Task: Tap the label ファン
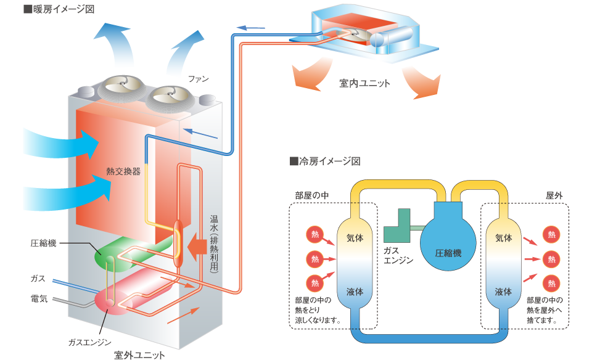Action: coord(199,79)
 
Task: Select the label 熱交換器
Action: coord(123,171)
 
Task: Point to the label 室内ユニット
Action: coord(364,83)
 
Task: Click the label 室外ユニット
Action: coord(139,354)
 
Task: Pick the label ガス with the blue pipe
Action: coord(38,279)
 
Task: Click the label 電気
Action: coord(39,298)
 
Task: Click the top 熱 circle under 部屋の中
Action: coord(315,234)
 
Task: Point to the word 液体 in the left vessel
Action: coord(355,292)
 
